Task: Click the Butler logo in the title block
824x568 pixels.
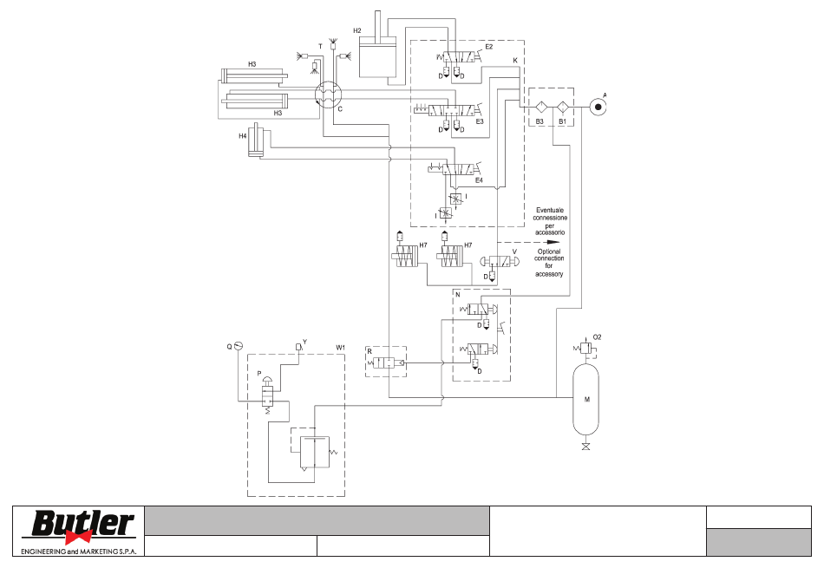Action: click(x=79, y=531)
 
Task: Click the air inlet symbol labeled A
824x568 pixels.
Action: click(x=598, y=108)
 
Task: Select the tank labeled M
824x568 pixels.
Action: click(x=586, y=399)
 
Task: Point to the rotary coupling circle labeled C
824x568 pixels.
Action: click(x=329, y=95)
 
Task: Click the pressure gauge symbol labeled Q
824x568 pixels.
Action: click(x=238, y=345)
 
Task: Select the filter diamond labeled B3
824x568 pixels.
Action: click(x=540, y=108)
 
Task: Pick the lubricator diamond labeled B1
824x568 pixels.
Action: click(x=562, y=108)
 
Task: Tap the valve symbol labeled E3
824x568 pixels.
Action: click(x=452, y=111)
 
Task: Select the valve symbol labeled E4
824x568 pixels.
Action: click(x=458, y=169)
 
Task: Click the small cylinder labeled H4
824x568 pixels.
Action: click(x=257, y=140)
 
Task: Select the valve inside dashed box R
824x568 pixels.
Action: click(x=386, y=362)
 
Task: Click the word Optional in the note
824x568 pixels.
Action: click(x=549, y=251)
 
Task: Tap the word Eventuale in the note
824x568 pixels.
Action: click(x=550, y=210)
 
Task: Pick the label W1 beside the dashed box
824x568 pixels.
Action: click(x=341, y=348)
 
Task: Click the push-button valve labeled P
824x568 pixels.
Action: click(x=267, y=393)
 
